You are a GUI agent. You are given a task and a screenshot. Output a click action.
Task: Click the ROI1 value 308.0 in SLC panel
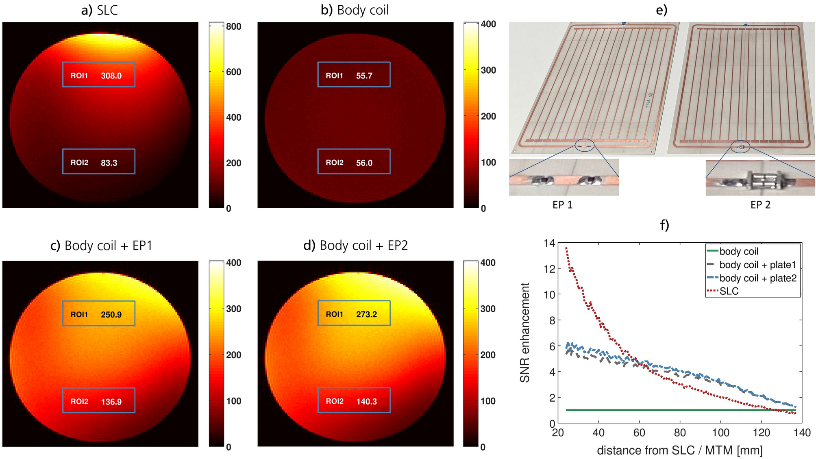111,76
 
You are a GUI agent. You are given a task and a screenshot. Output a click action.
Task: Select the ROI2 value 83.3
109,163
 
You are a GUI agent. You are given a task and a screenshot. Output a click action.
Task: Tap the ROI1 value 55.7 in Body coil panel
364,76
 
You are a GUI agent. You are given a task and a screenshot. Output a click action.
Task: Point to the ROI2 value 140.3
366,401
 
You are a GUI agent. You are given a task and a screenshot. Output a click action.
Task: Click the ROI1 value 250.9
111,314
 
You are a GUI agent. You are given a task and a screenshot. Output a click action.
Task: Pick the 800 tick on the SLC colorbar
233,26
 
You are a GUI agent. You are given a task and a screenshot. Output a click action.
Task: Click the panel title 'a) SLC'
100,10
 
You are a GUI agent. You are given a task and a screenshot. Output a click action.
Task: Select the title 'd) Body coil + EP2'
355,245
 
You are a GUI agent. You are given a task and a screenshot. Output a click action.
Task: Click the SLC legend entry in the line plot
729,291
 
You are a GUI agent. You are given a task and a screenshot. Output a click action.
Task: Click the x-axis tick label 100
720,433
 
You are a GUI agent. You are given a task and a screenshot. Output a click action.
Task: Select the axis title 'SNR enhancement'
524,333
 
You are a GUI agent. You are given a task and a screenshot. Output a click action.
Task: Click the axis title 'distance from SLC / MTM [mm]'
679,450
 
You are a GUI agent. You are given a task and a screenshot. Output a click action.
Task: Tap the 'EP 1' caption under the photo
562,205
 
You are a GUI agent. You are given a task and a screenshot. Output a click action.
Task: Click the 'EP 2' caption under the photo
760,205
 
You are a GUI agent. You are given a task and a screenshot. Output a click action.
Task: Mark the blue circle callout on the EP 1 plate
585,145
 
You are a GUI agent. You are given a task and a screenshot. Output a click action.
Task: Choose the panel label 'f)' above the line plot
664,225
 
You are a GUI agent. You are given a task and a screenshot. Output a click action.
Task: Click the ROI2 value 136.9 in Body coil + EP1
111,402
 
